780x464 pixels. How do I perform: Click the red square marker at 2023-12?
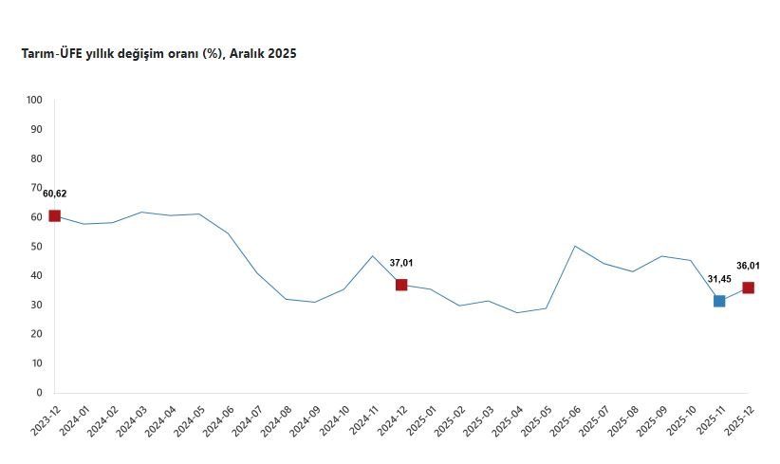point(54,216)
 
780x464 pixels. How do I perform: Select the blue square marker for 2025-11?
point(719,301)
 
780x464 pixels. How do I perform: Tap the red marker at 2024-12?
point(401,285)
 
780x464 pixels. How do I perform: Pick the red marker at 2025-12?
point(749,288)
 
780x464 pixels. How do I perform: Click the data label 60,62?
point(55,194)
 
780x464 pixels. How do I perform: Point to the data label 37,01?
point(401,263)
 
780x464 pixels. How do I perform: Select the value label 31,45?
point(719,278)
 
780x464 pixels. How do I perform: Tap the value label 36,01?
point(749,266)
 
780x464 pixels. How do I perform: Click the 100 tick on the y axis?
point(34,100)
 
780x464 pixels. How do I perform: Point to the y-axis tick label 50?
point(37,247)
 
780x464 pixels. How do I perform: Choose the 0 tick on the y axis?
point(39,393)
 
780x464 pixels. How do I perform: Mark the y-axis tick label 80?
point(37,158)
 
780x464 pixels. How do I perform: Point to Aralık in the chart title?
point(247,54)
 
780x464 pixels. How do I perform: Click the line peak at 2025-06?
point(575,246)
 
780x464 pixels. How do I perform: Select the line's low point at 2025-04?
point(517,312)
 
